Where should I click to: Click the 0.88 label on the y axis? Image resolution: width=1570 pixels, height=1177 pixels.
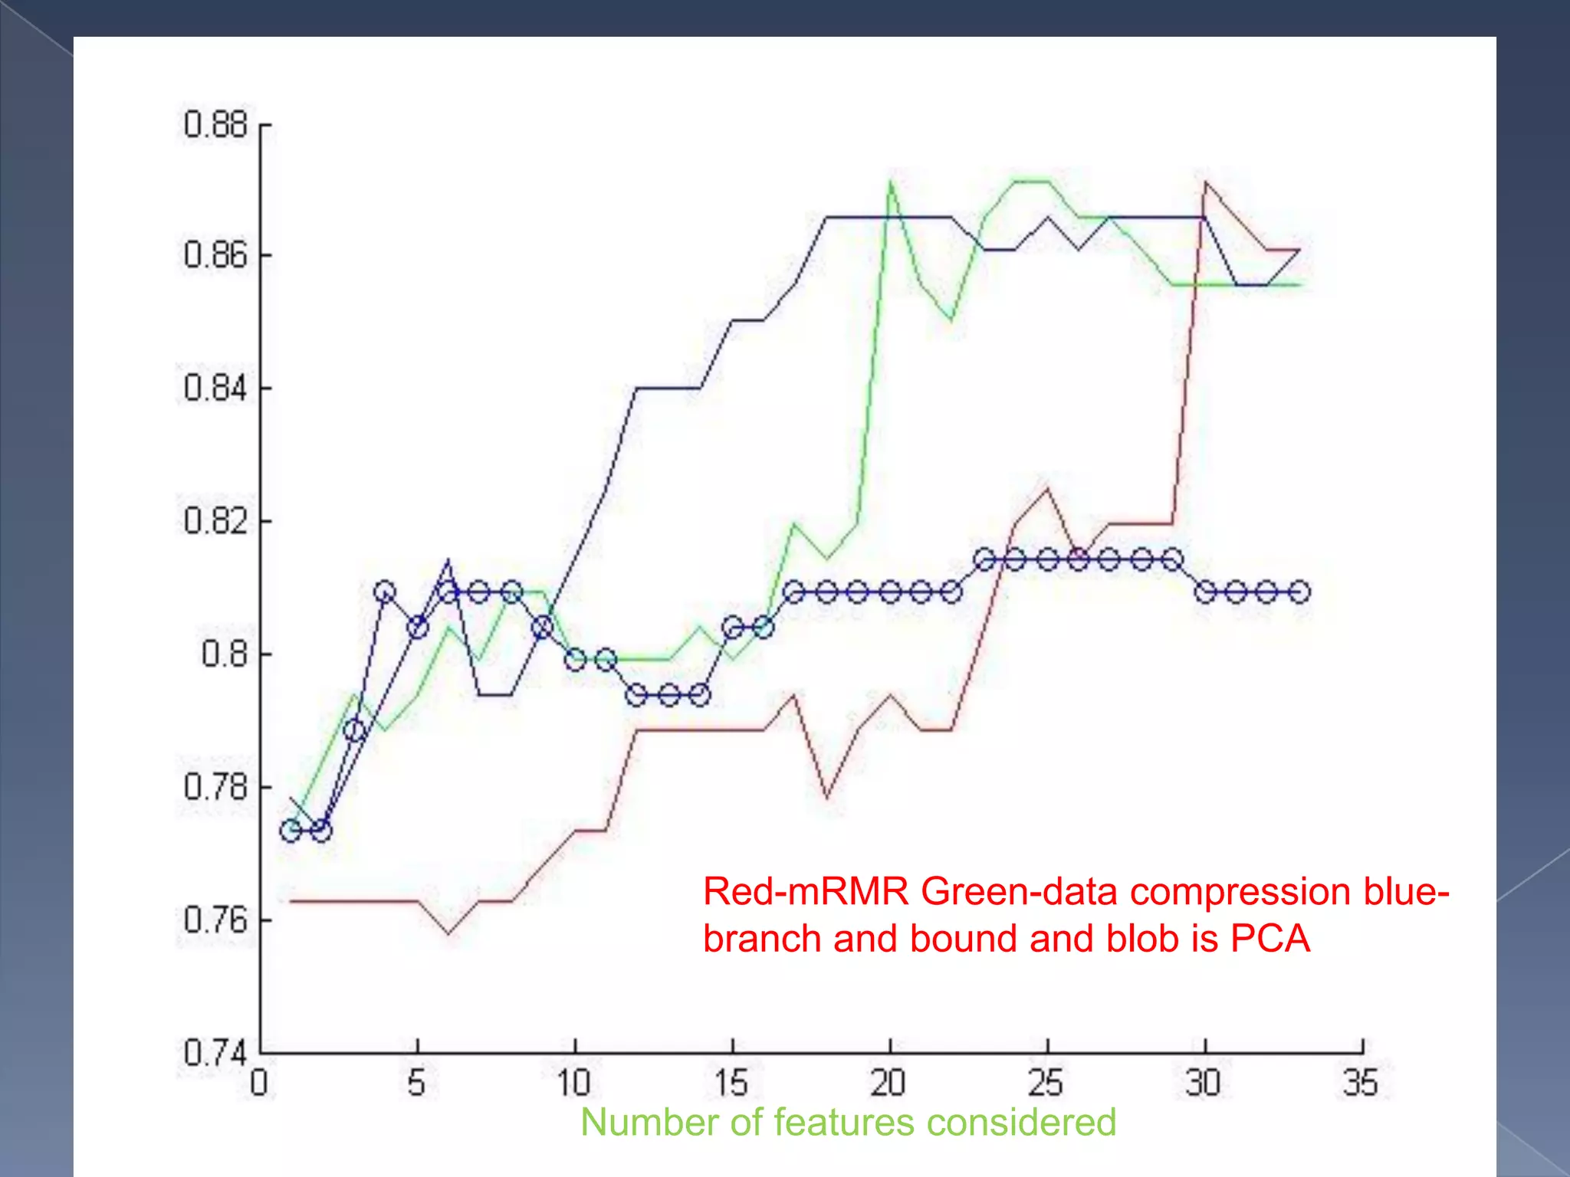tap(216, 124)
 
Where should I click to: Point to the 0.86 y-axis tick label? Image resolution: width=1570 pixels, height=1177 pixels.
tap(216, 255)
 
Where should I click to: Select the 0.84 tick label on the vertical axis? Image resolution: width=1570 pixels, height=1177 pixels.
tap(216, 388)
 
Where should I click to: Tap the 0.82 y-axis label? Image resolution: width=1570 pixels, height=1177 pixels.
tap(216, 521)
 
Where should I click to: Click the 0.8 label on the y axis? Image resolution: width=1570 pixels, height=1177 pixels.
tap(225, 654)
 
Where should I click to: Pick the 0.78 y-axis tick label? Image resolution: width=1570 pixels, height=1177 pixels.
tap(216, 787)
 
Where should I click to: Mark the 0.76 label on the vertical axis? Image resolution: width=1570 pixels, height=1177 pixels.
tap(216, 920)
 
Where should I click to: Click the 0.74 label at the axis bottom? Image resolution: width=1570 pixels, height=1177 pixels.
tap(216, 1053)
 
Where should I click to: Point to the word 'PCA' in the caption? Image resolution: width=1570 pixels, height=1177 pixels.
tap(1270, 939)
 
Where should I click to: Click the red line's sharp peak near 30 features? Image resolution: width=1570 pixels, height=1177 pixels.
tap(1205, 182)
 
